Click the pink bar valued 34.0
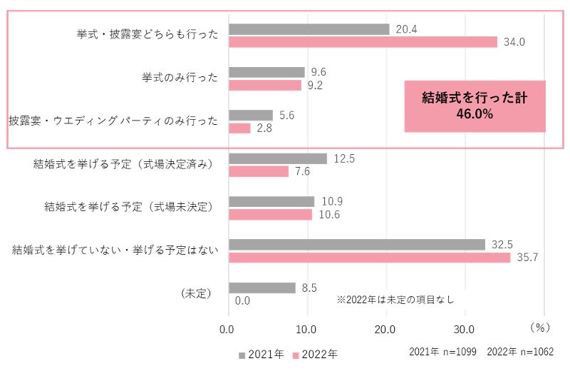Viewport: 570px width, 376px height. [x=363, y=42]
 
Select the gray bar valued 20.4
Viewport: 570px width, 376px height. [x=309, y=29]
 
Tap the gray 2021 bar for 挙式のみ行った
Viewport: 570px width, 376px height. [x=266, y=72]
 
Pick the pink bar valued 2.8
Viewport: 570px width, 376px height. [x=239, y=128]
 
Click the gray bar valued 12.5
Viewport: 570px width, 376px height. [x=277, y=158]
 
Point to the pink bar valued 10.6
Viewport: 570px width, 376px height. [x=270, y=215]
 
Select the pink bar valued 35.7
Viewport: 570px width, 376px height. [x=369, y=258]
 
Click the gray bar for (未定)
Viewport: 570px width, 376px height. [x=261, y=288]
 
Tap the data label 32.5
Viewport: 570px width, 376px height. [x=502, y=244]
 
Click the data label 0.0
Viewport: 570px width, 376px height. [x=242, y=300]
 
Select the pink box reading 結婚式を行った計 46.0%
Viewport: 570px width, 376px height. [x=475, y=106]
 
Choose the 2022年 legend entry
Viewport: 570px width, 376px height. [x=314, y=354]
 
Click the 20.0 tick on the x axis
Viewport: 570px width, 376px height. [x=385, y=330]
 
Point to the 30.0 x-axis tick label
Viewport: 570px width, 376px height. [x=465, y=330]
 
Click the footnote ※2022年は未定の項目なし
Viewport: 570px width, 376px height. [x=395, y=300]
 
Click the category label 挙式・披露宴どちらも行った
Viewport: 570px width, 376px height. [x=148, y=34]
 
